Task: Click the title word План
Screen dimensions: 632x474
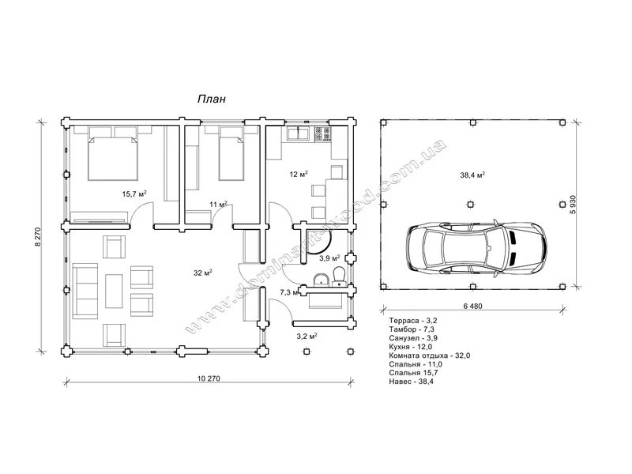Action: click(x=211, y=99)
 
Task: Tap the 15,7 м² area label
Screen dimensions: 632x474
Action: click(x=134, y=194)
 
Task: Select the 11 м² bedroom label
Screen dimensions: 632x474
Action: click(x=218, y=205)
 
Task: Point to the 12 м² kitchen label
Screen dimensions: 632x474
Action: click(x=299, y=174)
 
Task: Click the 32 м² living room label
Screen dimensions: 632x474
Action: click(x=203, y=273)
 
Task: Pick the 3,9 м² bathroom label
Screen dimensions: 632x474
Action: click(x=329, y=258)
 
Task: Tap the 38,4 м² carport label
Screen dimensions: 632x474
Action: click(x=472, y=175)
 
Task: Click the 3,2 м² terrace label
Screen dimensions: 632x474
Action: click(x=307, y=337)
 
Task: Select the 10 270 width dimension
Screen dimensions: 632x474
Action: click(x=209, y=378)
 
